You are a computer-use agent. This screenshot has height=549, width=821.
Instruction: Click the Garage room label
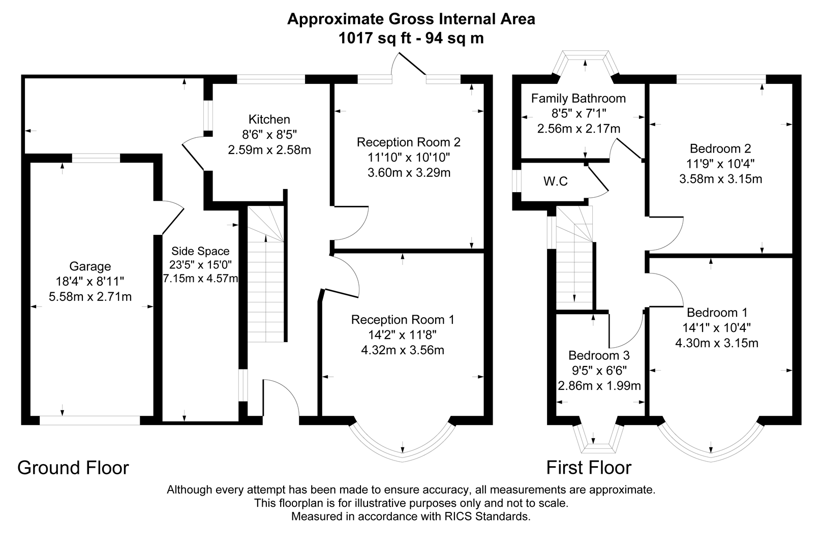pyautogui.click(x=90, y=266)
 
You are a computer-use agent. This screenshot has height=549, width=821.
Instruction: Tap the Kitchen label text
pyautogui.click(x=269, y=119)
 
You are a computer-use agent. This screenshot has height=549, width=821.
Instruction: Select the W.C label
pyautogui.click(x=555, y=181)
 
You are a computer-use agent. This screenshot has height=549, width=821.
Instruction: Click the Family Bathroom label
pyautogui.click(x=578, y=98)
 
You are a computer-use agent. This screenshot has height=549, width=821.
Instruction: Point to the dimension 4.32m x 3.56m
pyautogui.click(x=403, y=350)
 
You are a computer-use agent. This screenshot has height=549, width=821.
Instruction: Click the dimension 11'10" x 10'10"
pyautogui.click(x=409, y=157)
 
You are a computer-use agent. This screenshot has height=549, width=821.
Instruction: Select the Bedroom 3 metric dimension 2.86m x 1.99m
pyautogui.click(x=599, y=385)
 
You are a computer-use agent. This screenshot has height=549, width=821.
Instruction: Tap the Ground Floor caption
pyautogui.click(x=73, y=468)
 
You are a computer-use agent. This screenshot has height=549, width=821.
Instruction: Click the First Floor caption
pyautogui.click(x=589, y=468)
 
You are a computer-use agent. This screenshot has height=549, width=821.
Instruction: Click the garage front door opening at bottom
pyautogui.click(x=89, y=420)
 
